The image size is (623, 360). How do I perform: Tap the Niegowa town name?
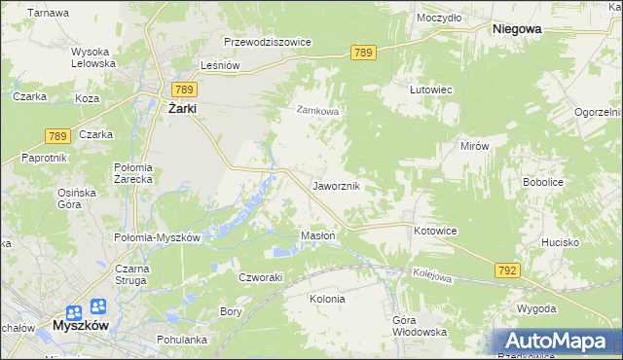coord(517,29)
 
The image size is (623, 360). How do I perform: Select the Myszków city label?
coord(82,326)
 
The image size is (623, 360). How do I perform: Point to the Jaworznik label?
coord(337,185)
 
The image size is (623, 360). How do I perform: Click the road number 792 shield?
coord(507,270)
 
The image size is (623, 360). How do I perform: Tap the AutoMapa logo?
coord(558,341)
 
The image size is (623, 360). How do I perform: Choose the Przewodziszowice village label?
coord(267,43)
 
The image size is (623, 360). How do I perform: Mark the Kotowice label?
coord(435,231)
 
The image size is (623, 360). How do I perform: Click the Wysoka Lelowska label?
coord(93,57)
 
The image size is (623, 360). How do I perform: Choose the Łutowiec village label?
coord(430,89)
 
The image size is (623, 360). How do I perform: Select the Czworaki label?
coord(260,276)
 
